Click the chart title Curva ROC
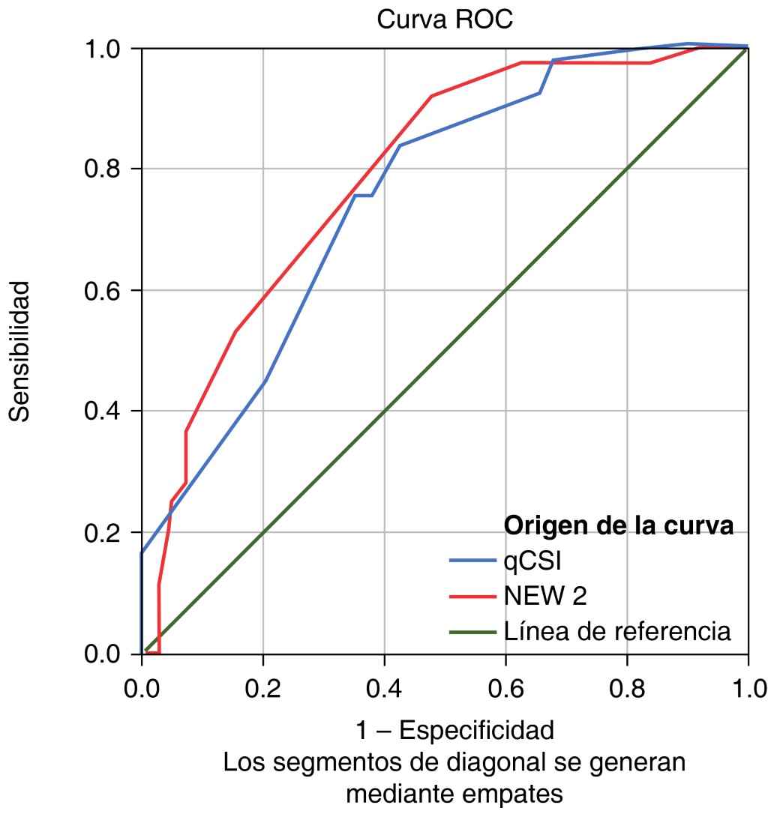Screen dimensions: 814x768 (445, 19)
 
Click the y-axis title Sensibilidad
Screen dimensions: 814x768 (21, 352)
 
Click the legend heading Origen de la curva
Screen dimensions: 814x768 (619, 526)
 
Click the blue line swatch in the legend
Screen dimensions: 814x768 (472, 561)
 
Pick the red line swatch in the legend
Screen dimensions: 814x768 (472, 597)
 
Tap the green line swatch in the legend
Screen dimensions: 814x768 (472, 632)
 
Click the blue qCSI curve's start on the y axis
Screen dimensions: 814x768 (142, 553)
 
